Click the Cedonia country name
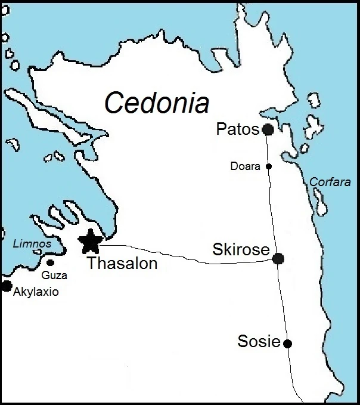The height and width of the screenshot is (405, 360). [157, 102]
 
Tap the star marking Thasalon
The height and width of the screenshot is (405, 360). [90, 242]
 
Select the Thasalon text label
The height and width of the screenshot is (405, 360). [122, 263]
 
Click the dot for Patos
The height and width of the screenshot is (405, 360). [268, 129]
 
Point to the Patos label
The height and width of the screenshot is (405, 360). [238, 129]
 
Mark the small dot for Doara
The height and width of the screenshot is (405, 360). [269, 166]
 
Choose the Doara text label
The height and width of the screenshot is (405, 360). [246, 167]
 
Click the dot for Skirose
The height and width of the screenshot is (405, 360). [278, 258]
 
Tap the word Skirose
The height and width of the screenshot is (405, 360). [241, 251]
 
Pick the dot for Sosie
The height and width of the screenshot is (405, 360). [288, 343]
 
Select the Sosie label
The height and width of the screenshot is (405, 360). [259, 342]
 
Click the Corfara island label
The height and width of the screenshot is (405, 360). [330, 183]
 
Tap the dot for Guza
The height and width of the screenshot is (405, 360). [51, 262]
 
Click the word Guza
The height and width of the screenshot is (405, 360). [54, 276]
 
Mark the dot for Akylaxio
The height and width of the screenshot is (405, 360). [7, 286]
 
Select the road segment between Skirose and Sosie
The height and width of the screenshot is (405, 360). [283, 301]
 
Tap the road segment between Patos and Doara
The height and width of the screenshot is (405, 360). [268, 149]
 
